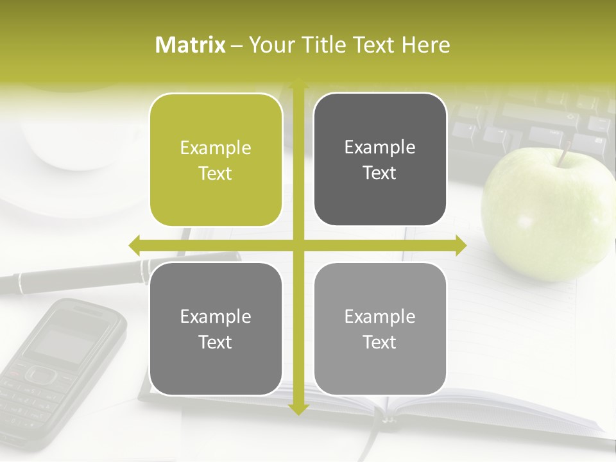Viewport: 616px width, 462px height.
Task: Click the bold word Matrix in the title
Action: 191,45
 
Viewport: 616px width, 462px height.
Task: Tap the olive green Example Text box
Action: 216,160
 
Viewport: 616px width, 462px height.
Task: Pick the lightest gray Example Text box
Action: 380,329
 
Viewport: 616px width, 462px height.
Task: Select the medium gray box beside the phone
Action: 216,329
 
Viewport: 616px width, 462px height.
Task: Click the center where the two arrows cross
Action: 298,245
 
